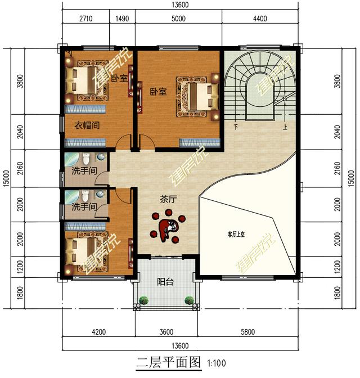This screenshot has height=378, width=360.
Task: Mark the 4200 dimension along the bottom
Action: [x=99, y=331]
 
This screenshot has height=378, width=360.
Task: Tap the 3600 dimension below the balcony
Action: [x=166, y=331]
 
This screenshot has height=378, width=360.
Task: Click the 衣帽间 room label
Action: [x=87, y=125]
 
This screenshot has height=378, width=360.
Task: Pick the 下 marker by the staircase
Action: [x=236, y=127]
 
